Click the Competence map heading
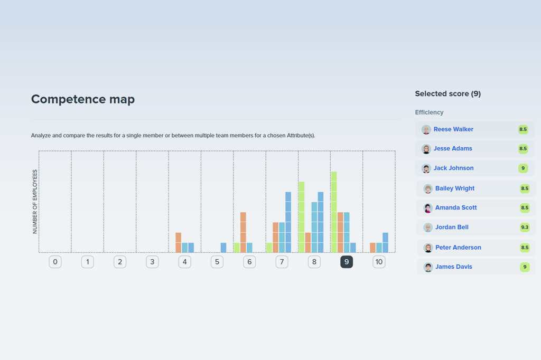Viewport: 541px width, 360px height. pos(83,99)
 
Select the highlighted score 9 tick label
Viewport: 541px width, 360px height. pos(347,262)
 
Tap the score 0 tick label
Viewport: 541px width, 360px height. pos(55,262)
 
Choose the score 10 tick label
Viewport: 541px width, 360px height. pos(379,262)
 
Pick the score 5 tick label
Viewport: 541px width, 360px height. pos(217,262)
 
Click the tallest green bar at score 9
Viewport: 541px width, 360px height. pos(334,212)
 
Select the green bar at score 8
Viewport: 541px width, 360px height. pos(302,217)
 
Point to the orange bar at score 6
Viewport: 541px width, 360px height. pos(243,232)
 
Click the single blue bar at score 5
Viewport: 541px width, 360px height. pos(223,248)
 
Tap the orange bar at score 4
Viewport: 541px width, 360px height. pos(179,242)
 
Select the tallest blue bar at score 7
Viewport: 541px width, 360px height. pos(288,222)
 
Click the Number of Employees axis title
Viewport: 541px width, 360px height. pos(35,202)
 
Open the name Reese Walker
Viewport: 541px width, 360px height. pos(453,129)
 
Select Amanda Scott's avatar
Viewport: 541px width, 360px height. pos(428,208)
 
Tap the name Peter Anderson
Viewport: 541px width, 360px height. pos(458,248)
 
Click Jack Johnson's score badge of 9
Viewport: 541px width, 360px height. pos(523,168)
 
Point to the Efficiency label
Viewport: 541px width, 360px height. pos(429,112)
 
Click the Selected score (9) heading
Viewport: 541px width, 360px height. pos(447,94)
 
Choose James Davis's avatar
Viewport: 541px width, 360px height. pos(428,267)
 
